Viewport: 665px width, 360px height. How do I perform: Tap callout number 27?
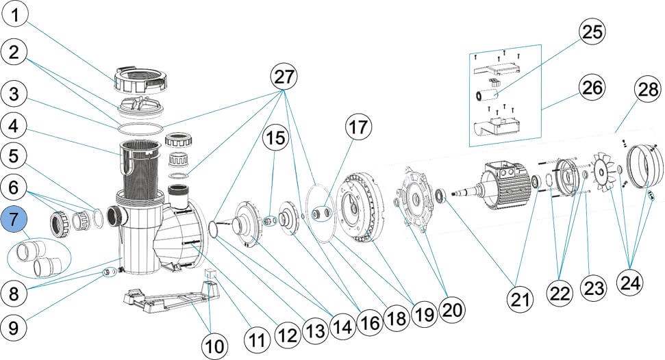pyautogui.click(x=285, y=77)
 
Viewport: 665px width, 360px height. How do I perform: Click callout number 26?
pyautogui.click(x=594, y=87)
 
